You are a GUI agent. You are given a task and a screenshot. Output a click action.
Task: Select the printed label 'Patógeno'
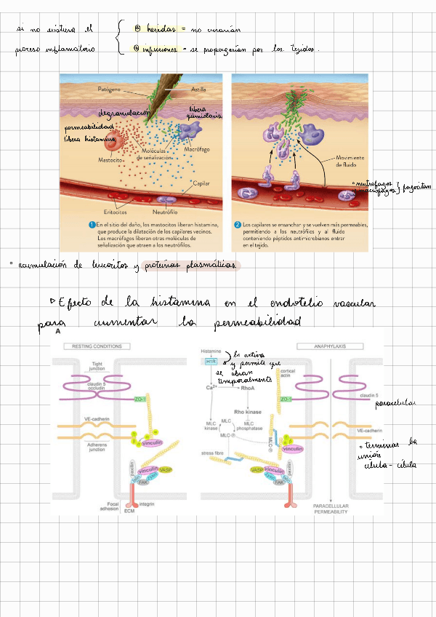tap(111, 89)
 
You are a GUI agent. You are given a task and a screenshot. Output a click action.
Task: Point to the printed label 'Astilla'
tap(198, 89)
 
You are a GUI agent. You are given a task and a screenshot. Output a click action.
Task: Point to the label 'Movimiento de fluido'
tap(350, 161)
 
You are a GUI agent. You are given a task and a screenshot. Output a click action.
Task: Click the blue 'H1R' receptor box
tap(211, 361)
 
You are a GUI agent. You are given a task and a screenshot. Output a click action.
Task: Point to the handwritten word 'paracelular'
tap(395, 402)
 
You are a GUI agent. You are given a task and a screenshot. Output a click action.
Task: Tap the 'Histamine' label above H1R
tap(211, 351)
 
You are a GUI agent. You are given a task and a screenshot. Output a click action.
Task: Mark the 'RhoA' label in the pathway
tap(247, 388)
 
